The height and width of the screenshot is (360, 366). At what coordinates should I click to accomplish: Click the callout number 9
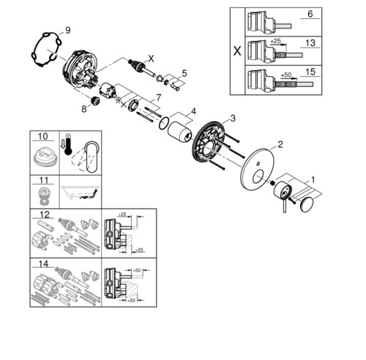pyautogui.click(x=68, y=31)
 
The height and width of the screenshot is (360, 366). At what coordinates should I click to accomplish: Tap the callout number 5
pyautogui.click(x=184, y=73)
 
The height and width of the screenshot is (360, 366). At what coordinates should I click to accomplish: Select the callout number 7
pyautogui.click(x=159, y=97)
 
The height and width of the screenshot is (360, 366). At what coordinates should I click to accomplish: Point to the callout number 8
pyautogui.click(x=84, y=109)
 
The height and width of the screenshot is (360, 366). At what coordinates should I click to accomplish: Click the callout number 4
pyautogui.click(x=193, y=112)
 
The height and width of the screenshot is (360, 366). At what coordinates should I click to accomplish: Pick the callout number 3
pyautogui.click(x=233, y=119)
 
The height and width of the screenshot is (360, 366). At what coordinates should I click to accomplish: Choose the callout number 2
pyautogui.click(x=280, y=144)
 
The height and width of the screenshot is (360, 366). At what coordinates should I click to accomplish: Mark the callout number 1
pyautogui.click(x=313, y=180)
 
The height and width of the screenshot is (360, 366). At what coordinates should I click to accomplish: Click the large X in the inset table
pyautogui.click(x=237, y=51)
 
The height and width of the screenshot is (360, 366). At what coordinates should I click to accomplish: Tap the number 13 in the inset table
pyautogui.click(x=310, y=43)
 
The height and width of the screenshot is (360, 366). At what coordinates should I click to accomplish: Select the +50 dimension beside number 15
pyautogui.click(x=286, y=75)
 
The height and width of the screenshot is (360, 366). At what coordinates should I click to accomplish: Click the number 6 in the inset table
pyautogui.click(x=310, y=14)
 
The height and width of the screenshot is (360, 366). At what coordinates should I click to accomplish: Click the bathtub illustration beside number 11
pyautogui.click(x=81, y=192)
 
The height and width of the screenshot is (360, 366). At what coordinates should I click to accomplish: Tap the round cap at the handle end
pyautogui.click(x=307, y=205)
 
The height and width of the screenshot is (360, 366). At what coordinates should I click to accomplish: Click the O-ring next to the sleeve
pyautogui.click(x=164, y=124)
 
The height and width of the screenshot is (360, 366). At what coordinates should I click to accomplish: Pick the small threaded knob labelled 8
pyautogui.click(x=94, y=101)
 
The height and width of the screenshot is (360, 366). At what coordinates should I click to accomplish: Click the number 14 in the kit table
pyautogui.click(x=43, y=264)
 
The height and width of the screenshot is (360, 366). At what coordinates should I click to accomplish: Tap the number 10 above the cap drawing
pyautogui.click(x=43, y=136)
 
